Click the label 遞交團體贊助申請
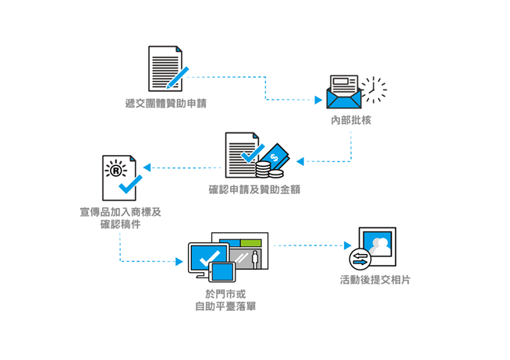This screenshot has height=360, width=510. [166, 104]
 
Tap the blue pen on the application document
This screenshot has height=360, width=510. [178, 78]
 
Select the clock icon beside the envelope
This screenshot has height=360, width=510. [374, 90]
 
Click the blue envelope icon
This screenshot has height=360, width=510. [344, 98]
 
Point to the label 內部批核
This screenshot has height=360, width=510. [351, 120]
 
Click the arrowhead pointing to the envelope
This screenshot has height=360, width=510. [318, 100]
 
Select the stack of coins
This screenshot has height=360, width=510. [269, 170]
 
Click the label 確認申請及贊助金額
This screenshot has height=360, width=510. [254, 189]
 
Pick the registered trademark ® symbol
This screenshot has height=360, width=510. [115, 170]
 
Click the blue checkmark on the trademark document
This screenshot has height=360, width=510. [130, 184]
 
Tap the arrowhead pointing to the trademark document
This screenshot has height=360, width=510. [147, 168]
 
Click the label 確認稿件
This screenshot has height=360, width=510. [120, 224]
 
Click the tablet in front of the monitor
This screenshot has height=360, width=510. [222, 272]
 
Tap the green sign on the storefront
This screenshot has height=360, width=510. [251, 243]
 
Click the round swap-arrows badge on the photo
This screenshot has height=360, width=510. [360, 259]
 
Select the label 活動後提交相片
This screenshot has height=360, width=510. [375, 280]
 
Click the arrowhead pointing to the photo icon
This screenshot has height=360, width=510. [348, 245]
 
